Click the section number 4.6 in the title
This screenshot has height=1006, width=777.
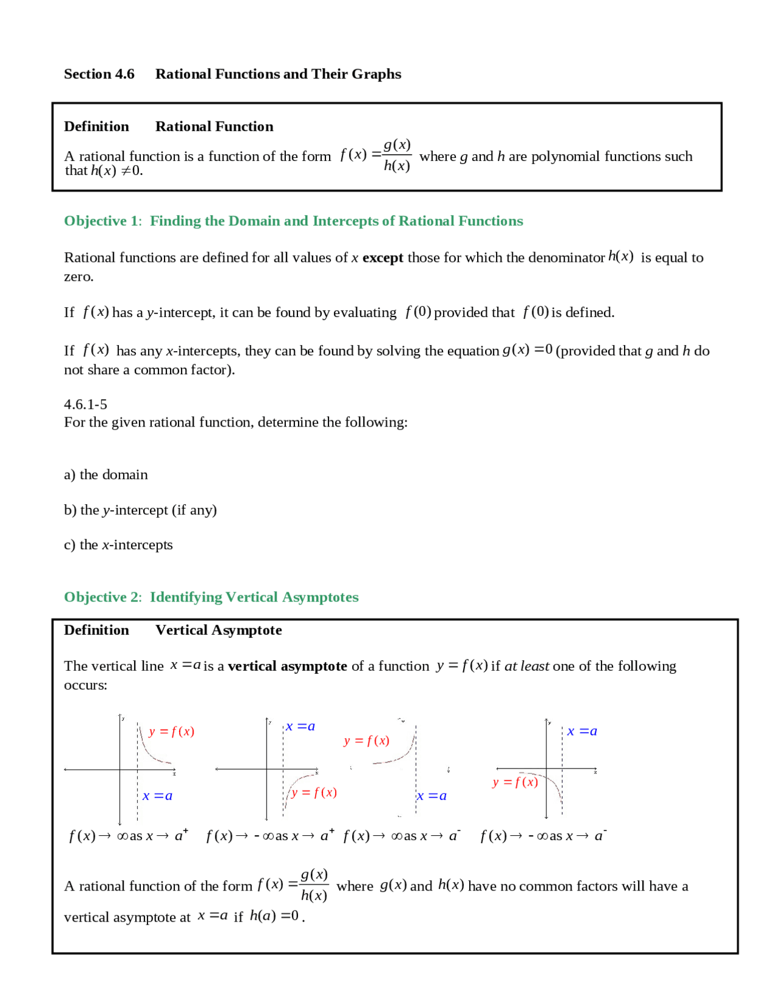click(124, 74)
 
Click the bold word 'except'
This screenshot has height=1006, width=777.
click(382, 258)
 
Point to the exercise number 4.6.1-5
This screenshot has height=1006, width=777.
click(86, 405)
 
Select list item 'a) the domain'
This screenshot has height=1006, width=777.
click(106, 475)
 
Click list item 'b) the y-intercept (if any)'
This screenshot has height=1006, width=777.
click(140, 510)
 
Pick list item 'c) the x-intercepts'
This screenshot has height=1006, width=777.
click(118, 545)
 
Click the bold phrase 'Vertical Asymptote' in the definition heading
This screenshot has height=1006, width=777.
click(219, 631)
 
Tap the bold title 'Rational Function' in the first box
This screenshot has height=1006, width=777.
click(214, 126)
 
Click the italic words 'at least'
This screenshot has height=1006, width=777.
click(526, 666)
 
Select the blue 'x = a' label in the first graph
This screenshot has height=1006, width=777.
click(158, 796)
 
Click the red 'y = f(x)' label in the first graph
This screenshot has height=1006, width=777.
click(171, 731)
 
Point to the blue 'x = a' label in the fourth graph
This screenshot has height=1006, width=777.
click(582, 731)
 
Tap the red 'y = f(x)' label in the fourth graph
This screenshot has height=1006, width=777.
click(515, 782)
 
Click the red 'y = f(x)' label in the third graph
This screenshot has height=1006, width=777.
click(366, 741)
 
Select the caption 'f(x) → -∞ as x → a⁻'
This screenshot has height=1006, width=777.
click(543, 837)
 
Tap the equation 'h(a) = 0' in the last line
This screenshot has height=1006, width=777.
click(274, 916)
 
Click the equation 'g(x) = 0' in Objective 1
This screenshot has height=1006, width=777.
click(527, 351)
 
